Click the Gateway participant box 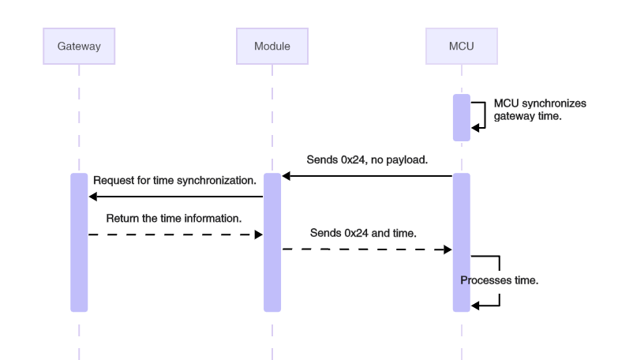coord(79,46)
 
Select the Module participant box coord(272,46)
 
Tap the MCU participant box coord(461,46)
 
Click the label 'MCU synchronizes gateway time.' coord(527,109)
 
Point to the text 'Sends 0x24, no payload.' coord(367,159)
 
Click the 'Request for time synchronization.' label coord(174,181)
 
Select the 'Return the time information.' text coord(174,217)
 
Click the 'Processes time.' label coord(500,280)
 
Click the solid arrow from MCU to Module coord(367,176)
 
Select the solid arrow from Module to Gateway coord(174,196)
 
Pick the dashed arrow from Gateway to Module coord(174,234)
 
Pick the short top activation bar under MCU coord(461,117)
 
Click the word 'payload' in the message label coord(408,159)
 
